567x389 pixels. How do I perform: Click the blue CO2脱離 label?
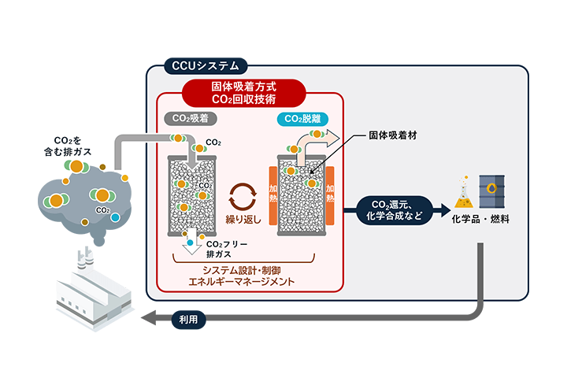pos(302,120)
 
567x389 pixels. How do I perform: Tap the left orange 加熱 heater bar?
pos(273,197)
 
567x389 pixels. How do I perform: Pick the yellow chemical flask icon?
pos(463,190)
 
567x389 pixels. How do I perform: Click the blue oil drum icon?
pos(493,190)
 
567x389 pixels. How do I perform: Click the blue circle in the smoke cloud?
pos(116,217)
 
